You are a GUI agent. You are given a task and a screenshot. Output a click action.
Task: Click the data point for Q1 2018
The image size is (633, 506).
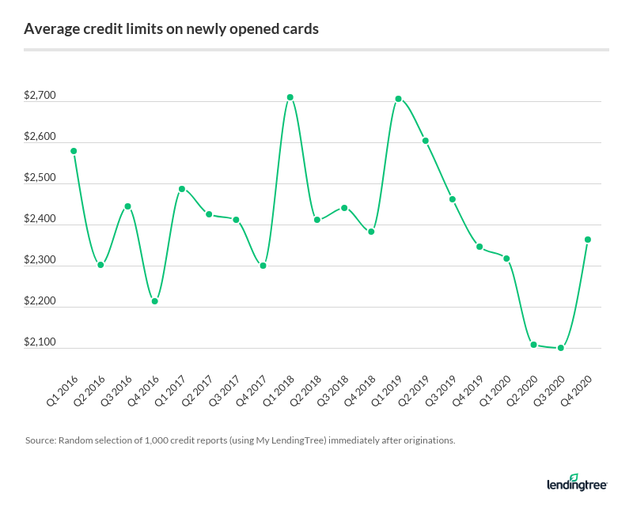(x=290, y=97)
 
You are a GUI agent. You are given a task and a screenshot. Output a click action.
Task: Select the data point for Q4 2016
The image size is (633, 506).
(x=155, y=301)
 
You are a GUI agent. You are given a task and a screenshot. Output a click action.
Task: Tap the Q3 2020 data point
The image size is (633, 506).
(x=561, y=348)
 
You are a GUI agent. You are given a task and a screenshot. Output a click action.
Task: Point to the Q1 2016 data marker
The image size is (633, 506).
(x=74, y=151)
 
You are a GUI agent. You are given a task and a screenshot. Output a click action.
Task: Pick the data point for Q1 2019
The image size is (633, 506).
(x=399, y=99)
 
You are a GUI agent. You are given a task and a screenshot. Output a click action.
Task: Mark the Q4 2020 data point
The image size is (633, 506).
(x=588, y=240)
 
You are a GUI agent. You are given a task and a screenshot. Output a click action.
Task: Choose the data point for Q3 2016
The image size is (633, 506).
(x=127, y=206)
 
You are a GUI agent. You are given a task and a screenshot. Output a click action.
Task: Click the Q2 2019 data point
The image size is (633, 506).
(x=426, y=141)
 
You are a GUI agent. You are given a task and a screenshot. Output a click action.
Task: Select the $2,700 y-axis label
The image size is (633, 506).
(x=40, y=96)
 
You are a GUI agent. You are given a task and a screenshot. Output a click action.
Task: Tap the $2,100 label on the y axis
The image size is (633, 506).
(x=40, y=342)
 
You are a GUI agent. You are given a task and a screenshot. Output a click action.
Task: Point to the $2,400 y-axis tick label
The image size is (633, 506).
(x=40, y=219)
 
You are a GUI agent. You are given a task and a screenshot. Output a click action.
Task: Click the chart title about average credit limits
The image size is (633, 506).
(x=172, y=29)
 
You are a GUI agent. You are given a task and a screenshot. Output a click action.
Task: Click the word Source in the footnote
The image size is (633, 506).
(x=39, y=440)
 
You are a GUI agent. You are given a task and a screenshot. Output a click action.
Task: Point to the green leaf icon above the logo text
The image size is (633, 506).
(x=574, y=477)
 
